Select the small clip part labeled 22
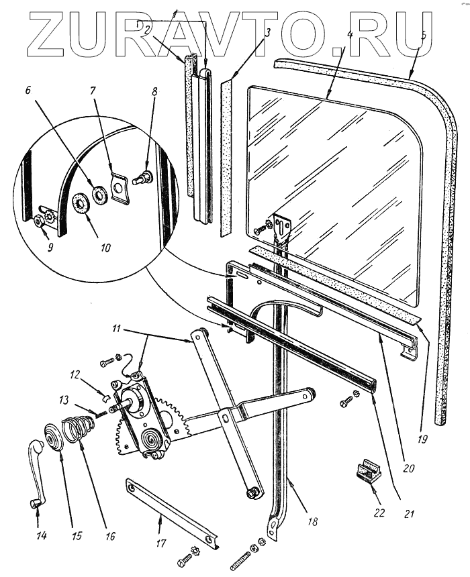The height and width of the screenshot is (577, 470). (x=368, y=472)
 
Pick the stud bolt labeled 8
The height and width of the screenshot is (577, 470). (x=144, y=178)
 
